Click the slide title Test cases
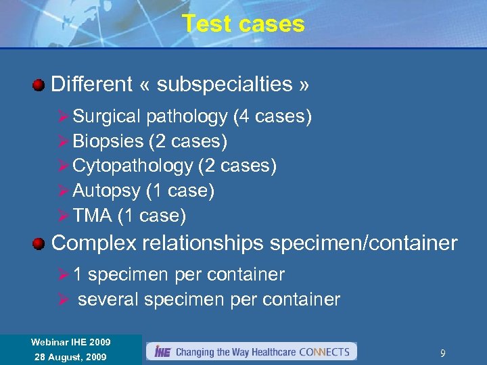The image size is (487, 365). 243,24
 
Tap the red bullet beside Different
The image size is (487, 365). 39,85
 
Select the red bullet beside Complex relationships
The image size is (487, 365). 39,243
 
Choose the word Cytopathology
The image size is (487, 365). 133,166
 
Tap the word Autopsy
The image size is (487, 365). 107,191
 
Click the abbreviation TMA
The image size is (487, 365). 92,216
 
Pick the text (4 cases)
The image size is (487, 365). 272,117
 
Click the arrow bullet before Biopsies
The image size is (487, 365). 64,141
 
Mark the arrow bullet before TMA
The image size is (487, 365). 64,216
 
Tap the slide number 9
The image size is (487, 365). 442,354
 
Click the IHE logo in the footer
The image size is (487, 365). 162,351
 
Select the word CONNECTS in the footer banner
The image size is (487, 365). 325,352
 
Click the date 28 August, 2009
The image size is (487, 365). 71,357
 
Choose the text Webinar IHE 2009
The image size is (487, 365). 71,342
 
